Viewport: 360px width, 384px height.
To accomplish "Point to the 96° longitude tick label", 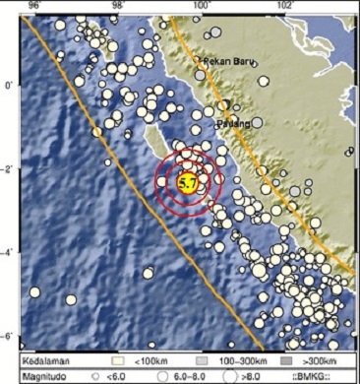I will pos(34,5).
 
